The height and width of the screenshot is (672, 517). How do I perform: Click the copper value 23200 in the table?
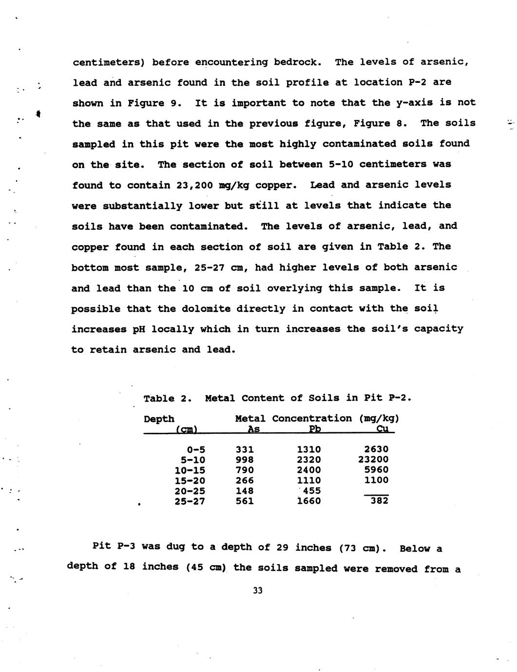[373, 460]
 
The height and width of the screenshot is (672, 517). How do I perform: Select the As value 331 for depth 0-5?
[245, 449]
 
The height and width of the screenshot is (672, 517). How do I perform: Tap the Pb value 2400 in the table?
[309, 470]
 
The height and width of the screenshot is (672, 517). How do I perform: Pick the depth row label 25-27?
[190, 501]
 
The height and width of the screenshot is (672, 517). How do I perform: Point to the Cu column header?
[382, 429]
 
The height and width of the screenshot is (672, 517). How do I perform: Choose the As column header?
[253, 429]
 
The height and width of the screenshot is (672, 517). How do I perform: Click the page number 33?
[258, 591]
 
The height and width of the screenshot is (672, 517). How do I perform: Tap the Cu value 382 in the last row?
[379, 500]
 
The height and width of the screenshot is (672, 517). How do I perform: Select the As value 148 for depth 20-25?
[245, 491]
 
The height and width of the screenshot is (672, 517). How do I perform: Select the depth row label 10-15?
[190, 470]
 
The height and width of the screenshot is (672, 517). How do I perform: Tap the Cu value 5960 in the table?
[376, 470]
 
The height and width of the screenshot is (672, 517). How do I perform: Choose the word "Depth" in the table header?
[159, 419]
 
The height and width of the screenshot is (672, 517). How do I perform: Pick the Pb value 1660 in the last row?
[309, 501]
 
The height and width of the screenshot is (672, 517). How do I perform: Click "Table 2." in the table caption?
[166, 398]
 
